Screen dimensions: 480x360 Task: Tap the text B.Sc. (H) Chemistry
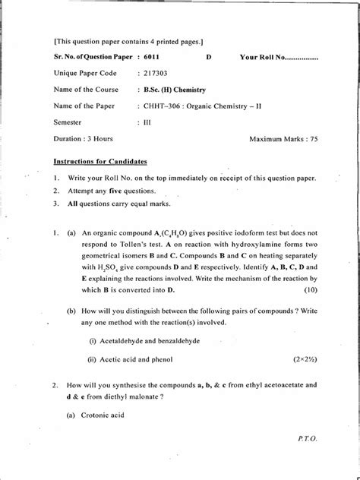click(x=176, y=90)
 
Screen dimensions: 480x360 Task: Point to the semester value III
click(x=147, y=122)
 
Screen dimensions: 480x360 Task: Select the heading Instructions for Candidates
click(x=99, y=162)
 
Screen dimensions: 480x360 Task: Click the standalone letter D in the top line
click(x=209, y=56)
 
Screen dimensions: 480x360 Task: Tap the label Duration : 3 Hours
click(x=84, y=139)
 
